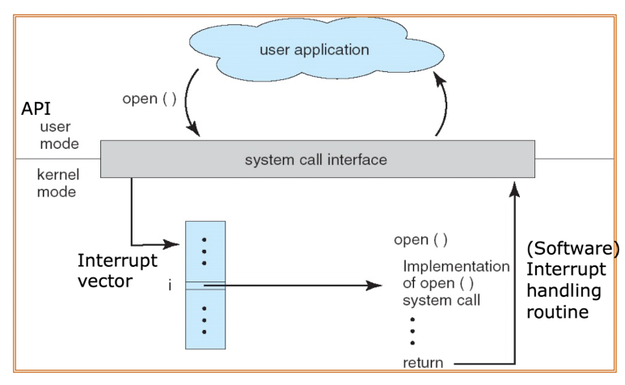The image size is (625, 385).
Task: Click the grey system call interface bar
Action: [316, 159]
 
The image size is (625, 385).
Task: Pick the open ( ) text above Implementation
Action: [421, 240]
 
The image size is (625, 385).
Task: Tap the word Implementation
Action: [456, 265]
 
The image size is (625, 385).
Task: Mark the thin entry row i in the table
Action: [205, 285]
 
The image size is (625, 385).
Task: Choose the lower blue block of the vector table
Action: [205, 319]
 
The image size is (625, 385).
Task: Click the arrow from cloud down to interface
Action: [193, 104]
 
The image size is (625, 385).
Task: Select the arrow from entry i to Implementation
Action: [299, 286]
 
